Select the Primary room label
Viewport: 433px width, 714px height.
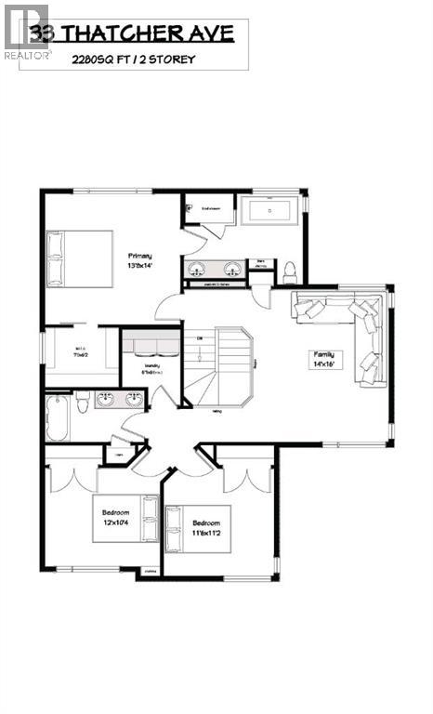(x=140, y=256)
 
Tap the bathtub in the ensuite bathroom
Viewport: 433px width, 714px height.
(x=270, y=211)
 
